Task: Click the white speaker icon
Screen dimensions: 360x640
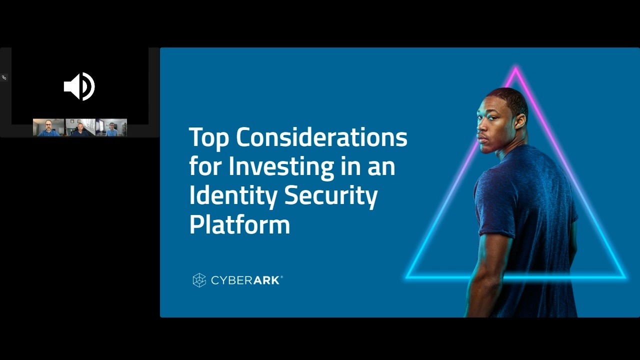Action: pyautogui.click(x=79, y=86)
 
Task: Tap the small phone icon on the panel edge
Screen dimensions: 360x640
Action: pyautogui.click(x=4, y=77)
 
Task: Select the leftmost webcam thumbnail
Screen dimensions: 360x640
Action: pyautogui.click(x=48, y=127)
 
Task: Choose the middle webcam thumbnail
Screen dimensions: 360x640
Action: pyautogui.click(x=80, y=127)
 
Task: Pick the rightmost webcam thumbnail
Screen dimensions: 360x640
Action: pyautogui.click(x=111, y=127)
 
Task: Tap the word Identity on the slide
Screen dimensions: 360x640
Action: pyautogui.click(x=233, y=195)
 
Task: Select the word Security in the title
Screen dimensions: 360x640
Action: pyautogui.click(x=330, y=195)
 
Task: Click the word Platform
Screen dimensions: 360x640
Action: pyautogui.click(x=239, y=224)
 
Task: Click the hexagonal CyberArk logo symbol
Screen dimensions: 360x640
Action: pyautogui.click(x=199, y=280)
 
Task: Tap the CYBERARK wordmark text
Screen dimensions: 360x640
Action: pyautogui.click(x=246, y=280)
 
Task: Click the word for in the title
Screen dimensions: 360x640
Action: pyautogui.click(x=205, y=166)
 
